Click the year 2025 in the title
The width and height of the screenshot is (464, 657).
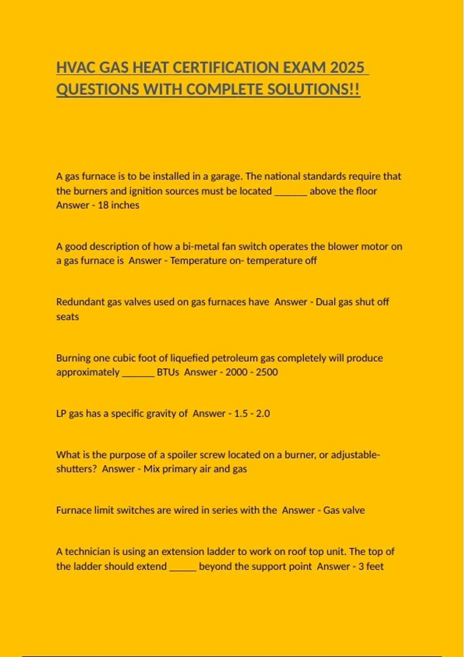[347, 68]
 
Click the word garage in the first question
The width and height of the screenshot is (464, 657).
[226, 176]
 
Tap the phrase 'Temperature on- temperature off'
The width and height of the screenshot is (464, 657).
[243, 261]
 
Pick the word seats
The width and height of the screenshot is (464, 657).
[67, 317]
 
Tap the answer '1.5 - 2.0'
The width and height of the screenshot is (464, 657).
[252, 414]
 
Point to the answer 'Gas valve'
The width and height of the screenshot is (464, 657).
[344, 511]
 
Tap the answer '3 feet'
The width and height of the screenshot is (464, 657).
[371, 567]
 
